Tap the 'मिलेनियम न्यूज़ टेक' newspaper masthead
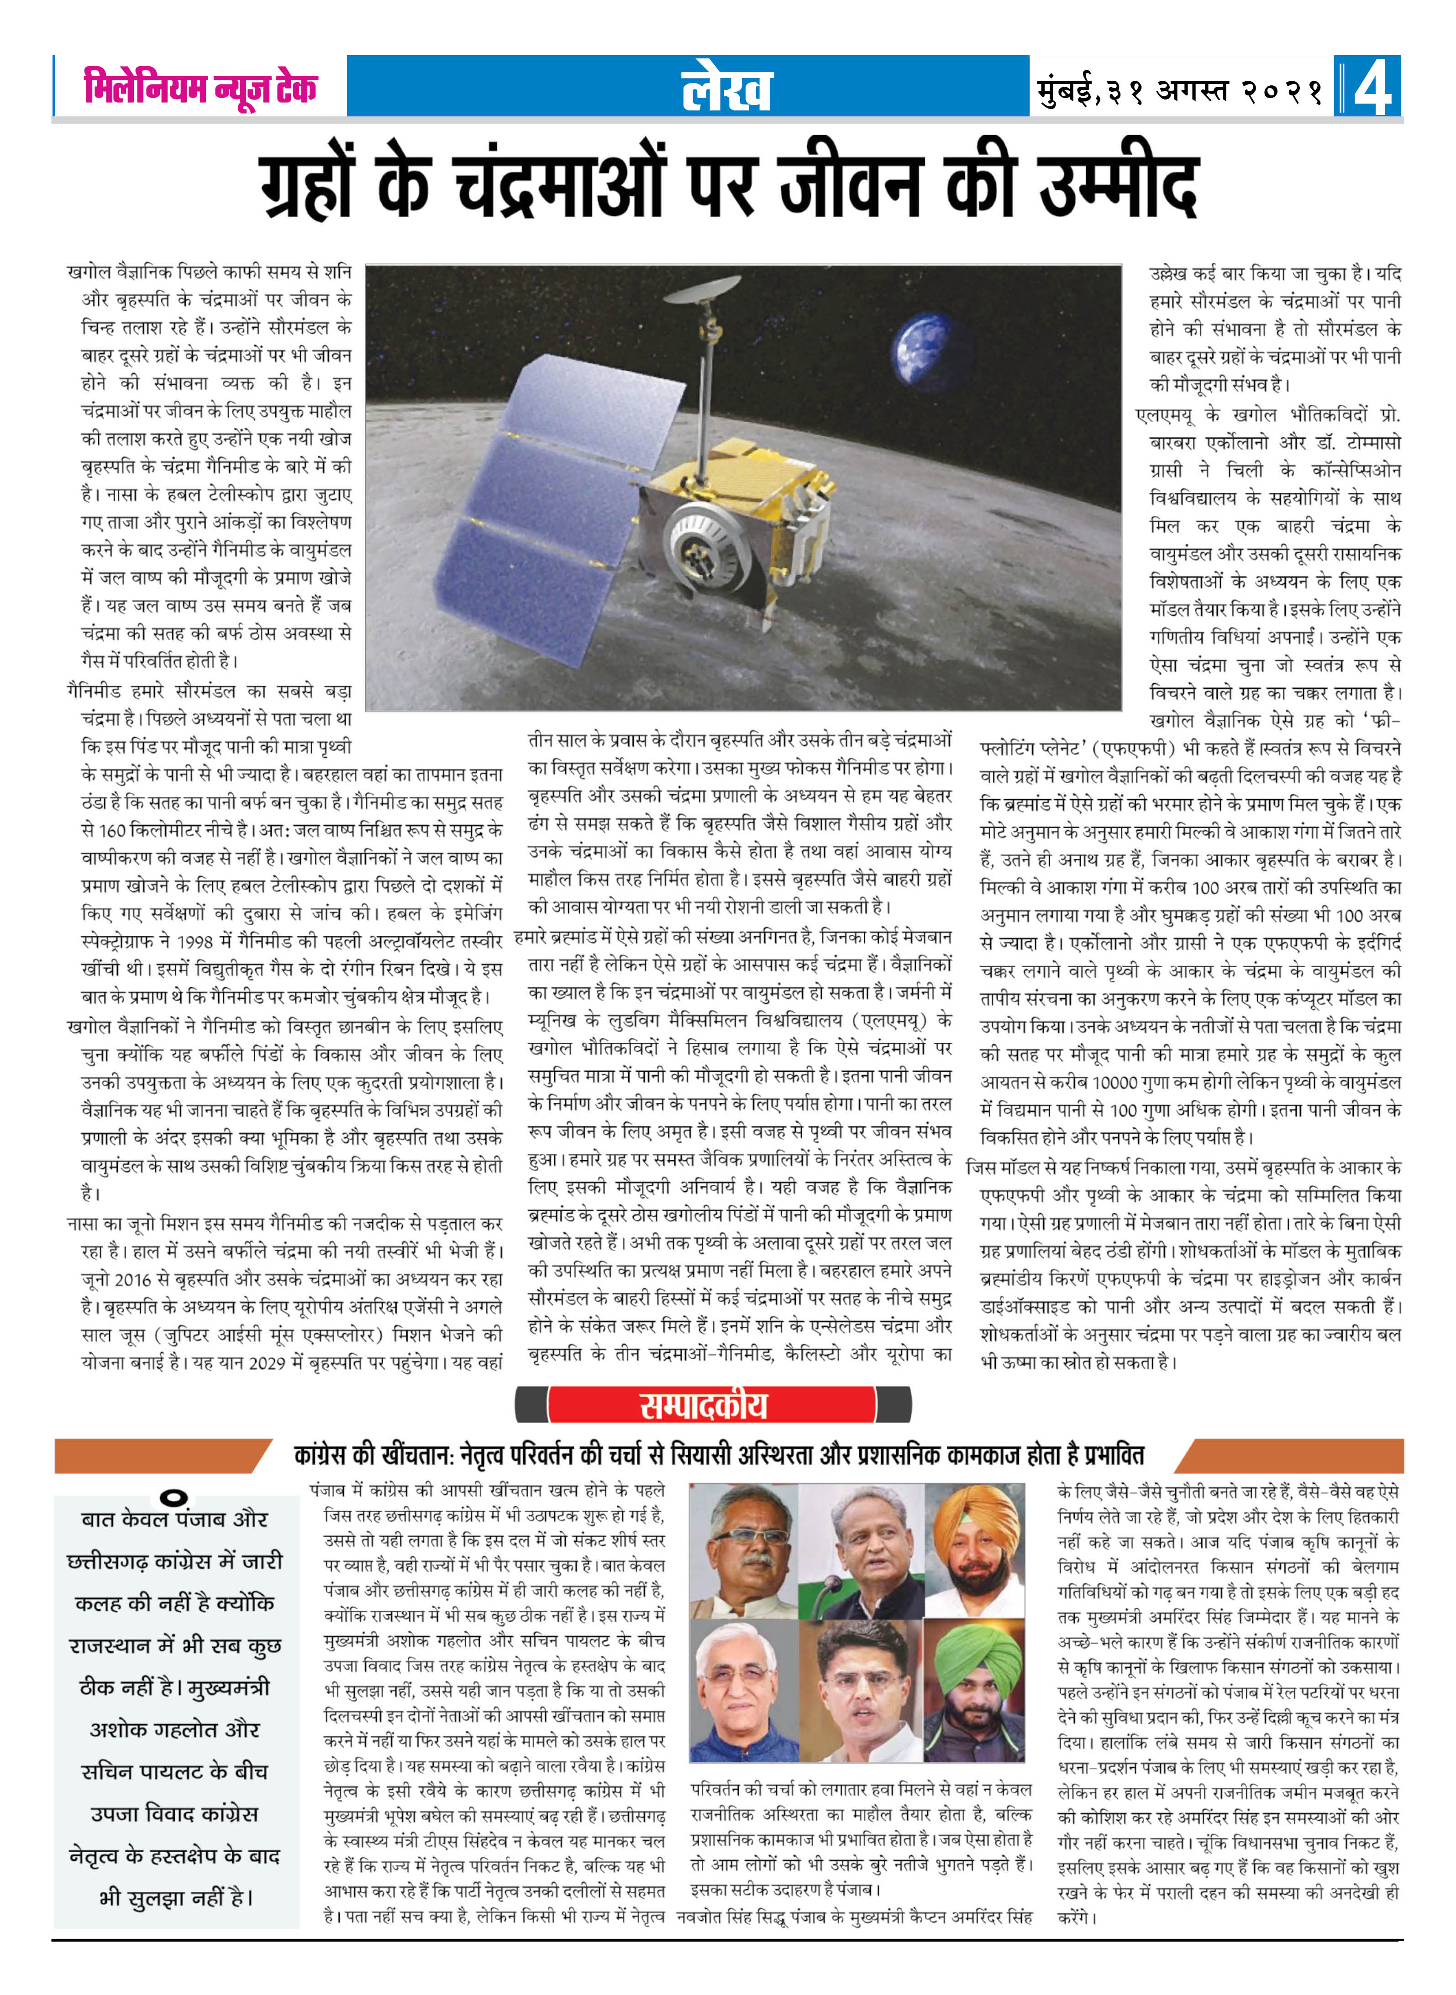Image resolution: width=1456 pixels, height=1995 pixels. tap(200, 88)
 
